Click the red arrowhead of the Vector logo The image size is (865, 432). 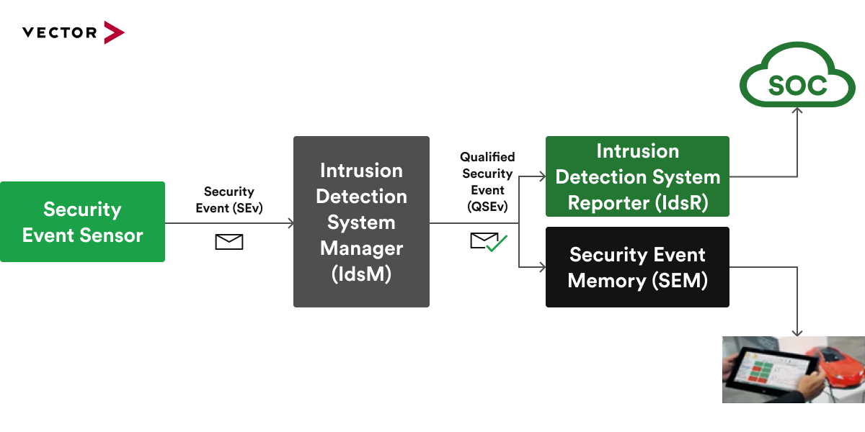pos(113,32)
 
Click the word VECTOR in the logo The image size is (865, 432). pos(59,32)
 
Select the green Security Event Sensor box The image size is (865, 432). pos(82,222)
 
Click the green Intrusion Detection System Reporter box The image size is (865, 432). pos(637,176)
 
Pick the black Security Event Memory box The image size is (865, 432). pos(637,267)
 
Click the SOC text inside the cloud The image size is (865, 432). pos(797,86)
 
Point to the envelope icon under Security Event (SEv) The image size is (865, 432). pos(229,242)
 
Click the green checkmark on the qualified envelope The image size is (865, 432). pos(497,243)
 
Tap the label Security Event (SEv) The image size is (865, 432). pos(229,200)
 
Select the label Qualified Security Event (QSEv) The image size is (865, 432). pos(487,181)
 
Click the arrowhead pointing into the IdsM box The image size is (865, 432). pos(290,223)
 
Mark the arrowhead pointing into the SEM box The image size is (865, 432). pos(542,267)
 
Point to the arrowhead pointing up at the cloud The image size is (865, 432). pos(797,110)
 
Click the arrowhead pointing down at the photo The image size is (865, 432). pos(797,333)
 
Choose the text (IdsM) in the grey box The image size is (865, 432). pos(361,274)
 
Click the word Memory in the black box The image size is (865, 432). pos(603,281)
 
